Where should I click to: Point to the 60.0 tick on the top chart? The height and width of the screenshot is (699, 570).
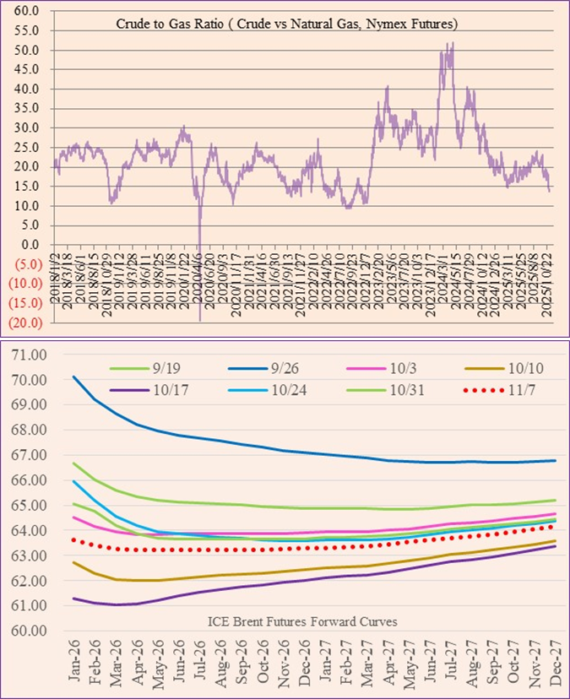point(28,12)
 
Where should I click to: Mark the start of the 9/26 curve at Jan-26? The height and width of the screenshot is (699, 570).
point(74,377)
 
